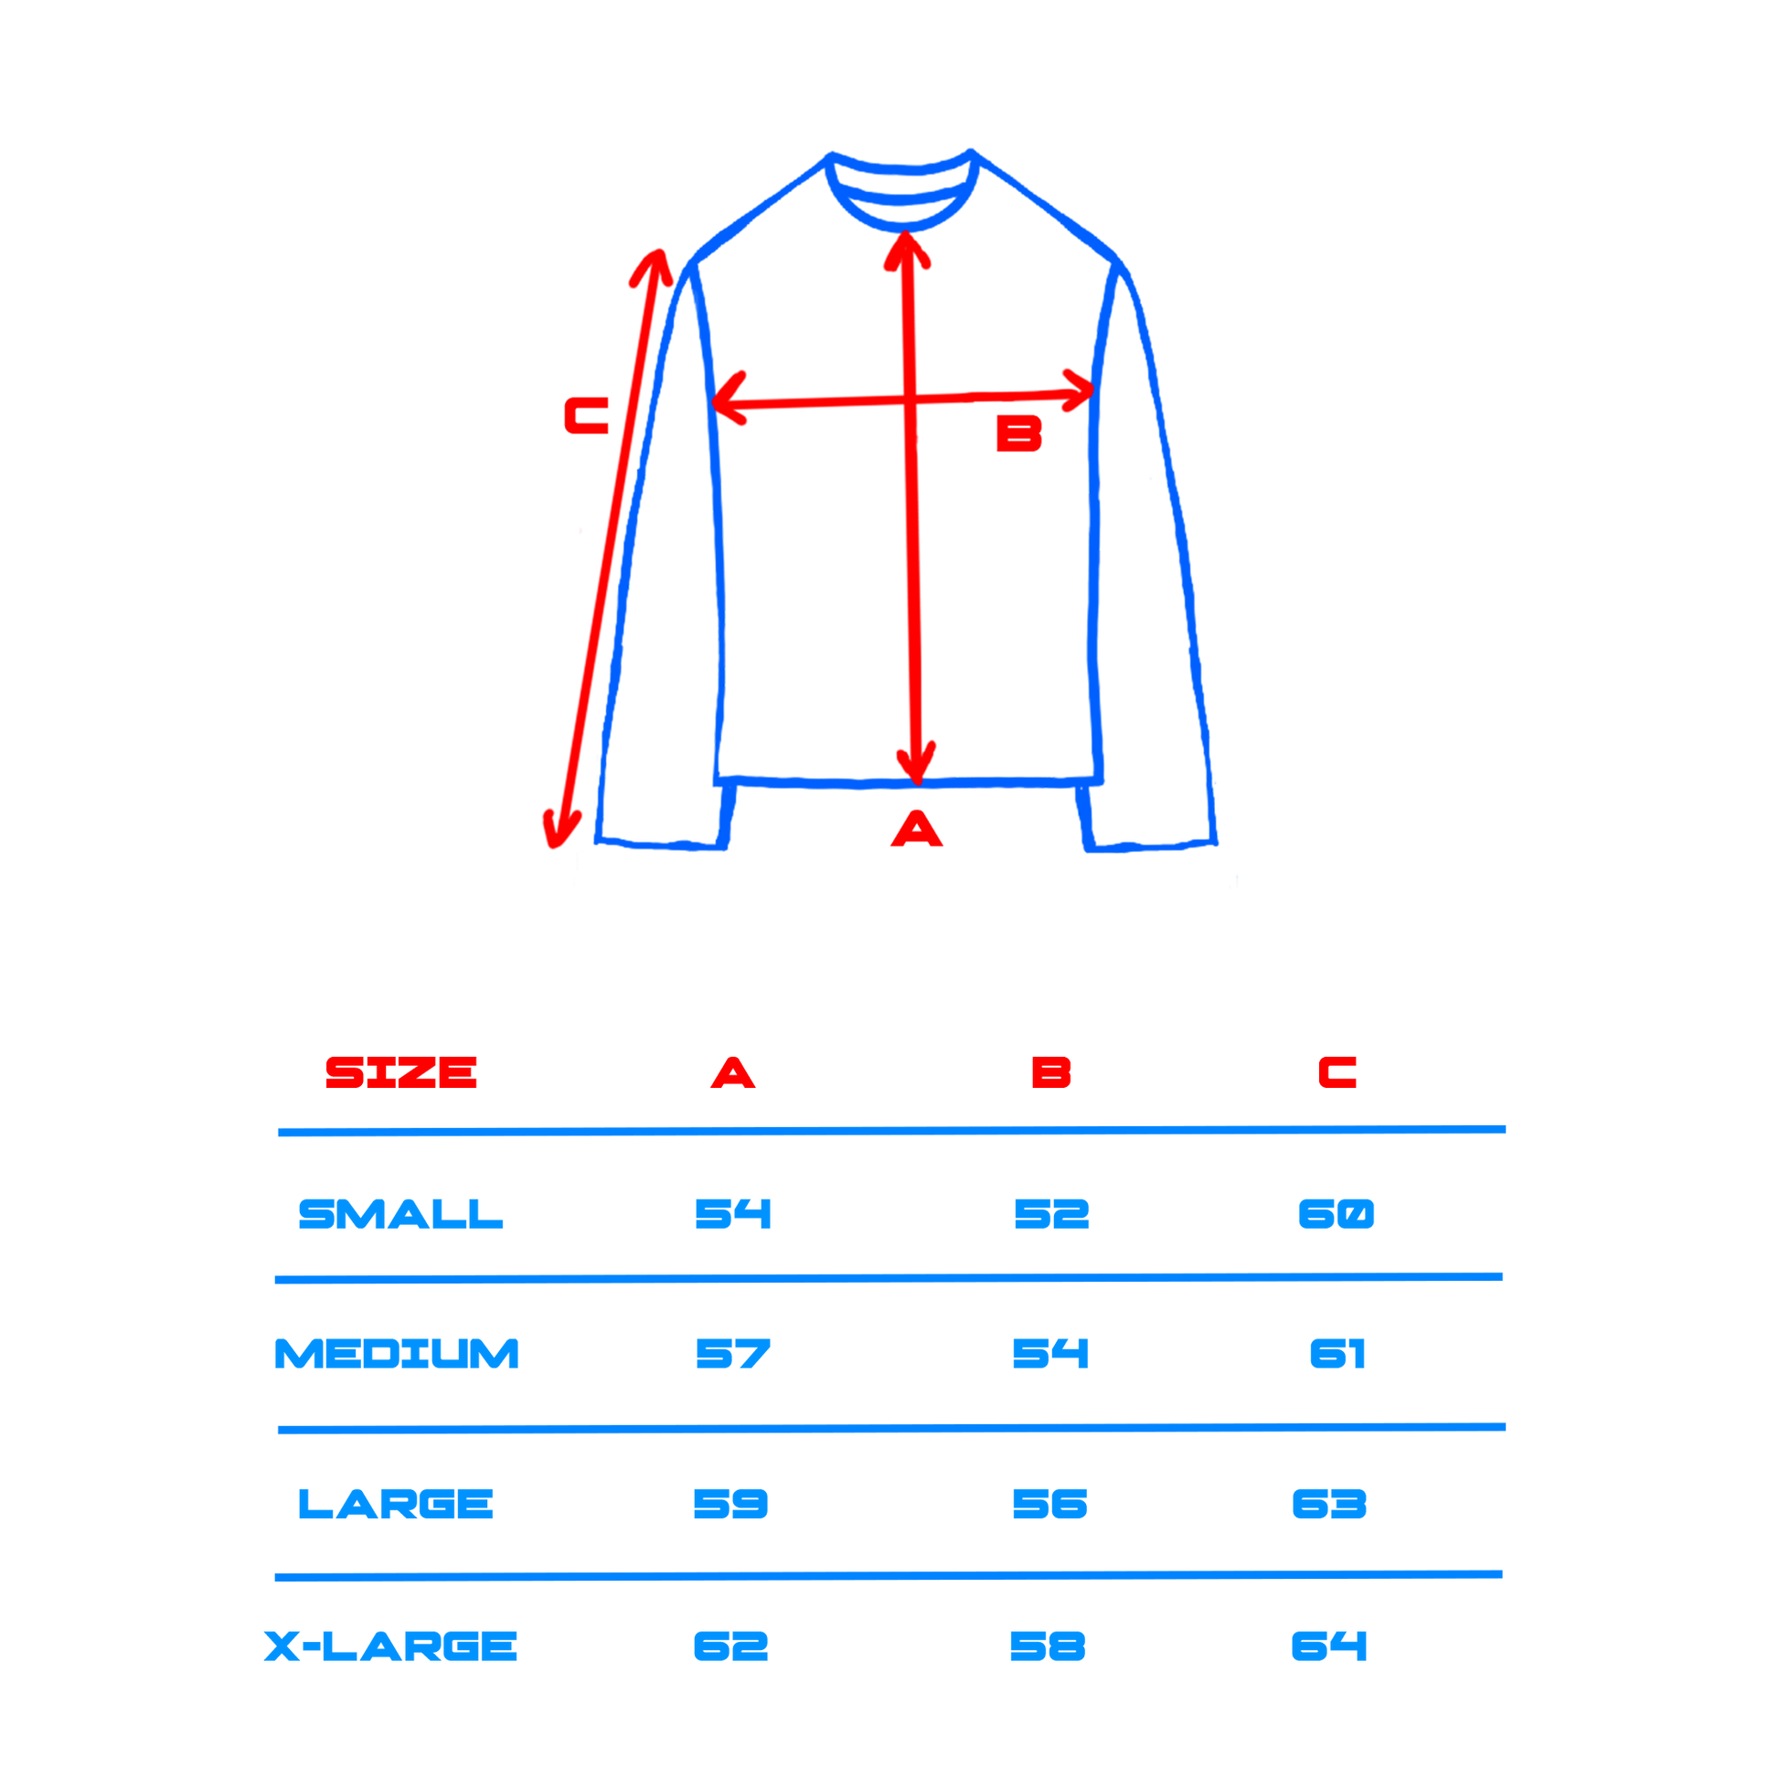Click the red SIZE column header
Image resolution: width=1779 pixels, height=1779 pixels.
400,1072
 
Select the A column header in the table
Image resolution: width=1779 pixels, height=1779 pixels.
733,1072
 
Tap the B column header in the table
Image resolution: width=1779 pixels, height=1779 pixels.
1051,1072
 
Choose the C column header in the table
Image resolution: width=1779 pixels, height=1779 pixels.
1338,1072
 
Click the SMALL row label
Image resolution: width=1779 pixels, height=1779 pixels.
400,1214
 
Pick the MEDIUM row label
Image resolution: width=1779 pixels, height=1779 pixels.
397,1354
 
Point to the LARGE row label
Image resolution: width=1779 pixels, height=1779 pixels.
396,1504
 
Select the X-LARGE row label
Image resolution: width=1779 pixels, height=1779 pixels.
390,1646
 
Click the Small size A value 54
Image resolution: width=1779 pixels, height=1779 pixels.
733,1214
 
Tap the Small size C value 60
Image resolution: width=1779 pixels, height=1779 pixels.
1337,1214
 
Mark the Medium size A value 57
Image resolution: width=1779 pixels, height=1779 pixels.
733,1354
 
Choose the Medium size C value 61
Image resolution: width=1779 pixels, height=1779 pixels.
1337,1354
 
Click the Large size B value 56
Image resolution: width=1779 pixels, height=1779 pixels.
1049,1504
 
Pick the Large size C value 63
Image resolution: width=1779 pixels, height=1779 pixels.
1329,1504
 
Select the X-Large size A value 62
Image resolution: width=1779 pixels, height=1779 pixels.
731,1646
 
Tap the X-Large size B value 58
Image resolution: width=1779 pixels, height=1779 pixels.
1048,1646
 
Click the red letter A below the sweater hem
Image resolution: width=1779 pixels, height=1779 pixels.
916,828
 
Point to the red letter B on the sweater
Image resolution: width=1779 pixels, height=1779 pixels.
1019,432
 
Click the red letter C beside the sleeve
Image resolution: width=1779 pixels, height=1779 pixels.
587,415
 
